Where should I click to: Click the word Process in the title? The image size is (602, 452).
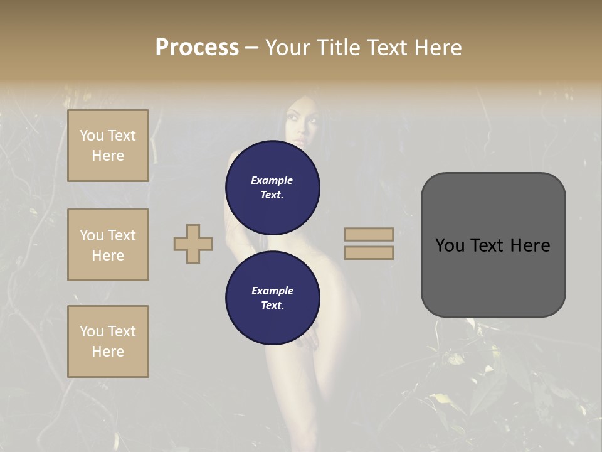[x=197, y=48]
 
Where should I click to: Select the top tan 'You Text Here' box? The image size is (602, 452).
[x=108, y=146]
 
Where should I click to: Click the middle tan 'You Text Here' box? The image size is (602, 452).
[x=108, y=245]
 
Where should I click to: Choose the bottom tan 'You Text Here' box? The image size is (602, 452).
[x=108, y=342]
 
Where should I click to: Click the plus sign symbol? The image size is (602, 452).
[x=193, y=244]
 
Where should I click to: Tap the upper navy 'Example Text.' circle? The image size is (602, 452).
[x=273, y=187]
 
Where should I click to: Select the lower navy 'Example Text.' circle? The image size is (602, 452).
[x=273, y=298]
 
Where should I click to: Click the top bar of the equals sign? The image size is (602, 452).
[x=369, y=234]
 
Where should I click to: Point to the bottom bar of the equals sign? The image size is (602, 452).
[x=369, y=252]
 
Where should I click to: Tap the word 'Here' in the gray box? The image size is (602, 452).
[x=530, y=245]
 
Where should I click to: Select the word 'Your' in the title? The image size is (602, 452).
[x=288, y=48]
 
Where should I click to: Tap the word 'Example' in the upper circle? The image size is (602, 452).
[x=272, y=180]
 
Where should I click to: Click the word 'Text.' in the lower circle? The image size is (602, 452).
[x=272, y=306]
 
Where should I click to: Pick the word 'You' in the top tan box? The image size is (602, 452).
[x=92, y=136]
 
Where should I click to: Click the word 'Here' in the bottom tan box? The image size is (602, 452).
[x=108, y=352]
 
